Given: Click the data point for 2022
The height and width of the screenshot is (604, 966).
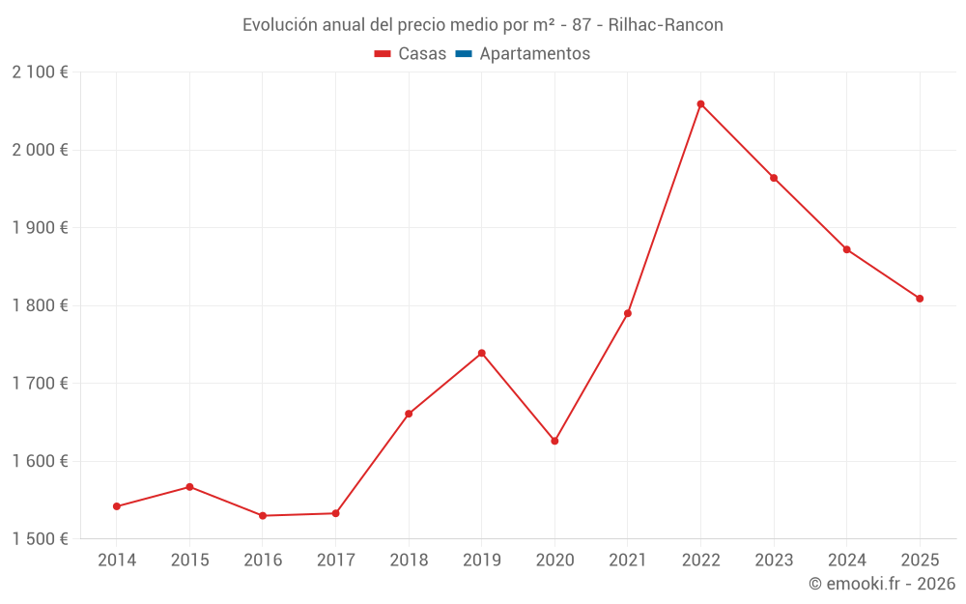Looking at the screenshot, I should tap(700, 104).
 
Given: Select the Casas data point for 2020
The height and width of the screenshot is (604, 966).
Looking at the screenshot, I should tap(554, 441).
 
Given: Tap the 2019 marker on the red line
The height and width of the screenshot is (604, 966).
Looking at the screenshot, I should tap(482, 353).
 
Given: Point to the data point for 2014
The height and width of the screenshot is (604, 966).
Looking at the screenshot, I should tap(117, 506).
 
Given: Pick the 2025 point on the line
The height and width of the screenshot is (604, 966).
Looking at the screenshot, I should tap(920, 299).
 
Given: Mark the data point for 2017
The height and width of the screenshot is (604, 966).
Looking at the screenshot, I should tap(335, 513).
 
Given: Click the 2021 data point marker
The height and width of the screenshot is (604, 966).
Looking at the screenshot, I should tap(628, 313).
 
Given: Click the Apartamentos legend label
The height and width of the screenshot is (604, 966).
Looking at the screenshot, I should tap(534, 54).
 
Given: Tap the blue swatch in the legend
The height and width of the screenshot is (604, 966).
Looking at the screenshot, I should tap(463, 54).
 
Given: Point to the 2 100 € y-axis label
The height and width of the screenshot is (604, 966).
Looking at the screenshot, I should tap(40, 72).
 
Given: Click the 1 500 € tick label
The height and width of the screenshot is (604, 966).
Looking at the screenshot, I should tap(40, 538).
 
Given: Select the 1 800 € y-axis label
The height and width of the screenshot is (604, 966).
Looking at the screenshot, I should tap(40, 305).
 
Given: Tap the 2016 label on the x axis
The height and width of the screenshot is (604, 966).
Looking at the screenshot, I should tap(263, 561).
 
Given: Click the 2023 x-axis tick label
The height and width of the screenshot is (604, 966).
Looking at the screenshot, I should tap(774, 561).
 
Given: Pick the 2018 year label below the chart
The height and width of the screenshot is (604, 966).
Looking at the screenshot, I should tap(409, 561).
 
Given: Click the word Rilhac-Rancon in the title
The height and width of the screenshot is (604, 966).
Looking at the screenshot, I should tap(666, 25).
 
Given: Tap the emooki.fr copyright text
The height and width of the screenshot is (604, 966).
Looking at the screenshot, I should tap(882, 584).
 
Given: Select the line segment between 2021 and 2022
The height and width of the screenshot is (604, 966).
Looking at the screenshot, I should tap(665, 209).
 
